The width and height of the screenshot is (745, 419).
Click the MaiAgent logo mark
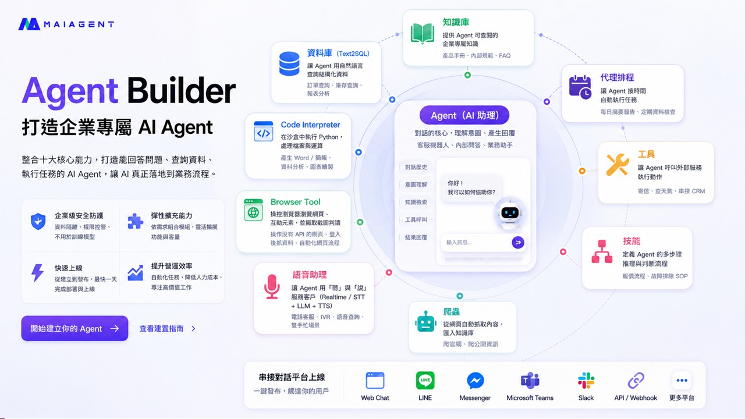click(x=29, y=24)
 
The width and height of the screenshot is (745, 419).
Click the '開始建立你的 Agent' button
click(x=74, y=328)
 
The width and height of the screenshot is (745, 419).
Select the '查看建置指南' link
click(x=167, y=329)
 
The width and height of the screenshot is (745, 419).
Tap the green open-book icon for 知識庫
click(x=423, y=34)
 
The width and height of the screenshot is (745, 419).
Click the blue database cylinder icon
click(x=289, y=63)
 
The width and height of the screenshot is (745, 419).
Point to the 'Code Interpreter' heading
click(x=310, y=125)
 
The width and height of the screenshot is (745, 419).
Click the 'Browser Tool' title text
click(x=295, y=202)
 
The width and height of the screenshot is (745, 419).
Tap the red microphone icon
click(x=272, y=287)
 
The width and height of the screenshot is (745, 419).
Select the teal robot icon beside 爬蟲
click(x=425, y=322)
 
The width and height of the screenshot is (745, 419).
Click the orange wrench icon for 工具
click(x=618, y=165)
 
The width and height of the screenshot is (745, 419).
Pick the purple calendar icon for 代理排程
click(x=580, y=87)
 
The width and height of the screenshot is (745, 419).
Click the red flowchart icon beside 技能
click(x=602, y=251)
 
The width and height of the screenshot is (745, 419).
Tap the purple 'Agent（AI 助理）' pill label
click(x=464, y=115)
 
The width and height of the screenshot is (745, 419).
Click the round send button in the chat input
click(x=518, y=243)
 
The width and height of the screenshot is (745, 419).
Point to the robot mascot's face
click(x=509, y=212)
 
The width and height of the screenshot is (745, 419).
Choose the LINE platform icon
click(x=425, y=381)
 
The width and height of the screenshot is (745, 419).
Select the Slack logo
click(x=586, y=381)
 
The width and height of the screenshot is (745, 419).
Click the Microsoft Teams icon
click(x=530, y=381)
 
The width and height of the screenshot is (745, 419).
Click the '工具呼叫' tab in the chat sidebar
click(x=416, y=219)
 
